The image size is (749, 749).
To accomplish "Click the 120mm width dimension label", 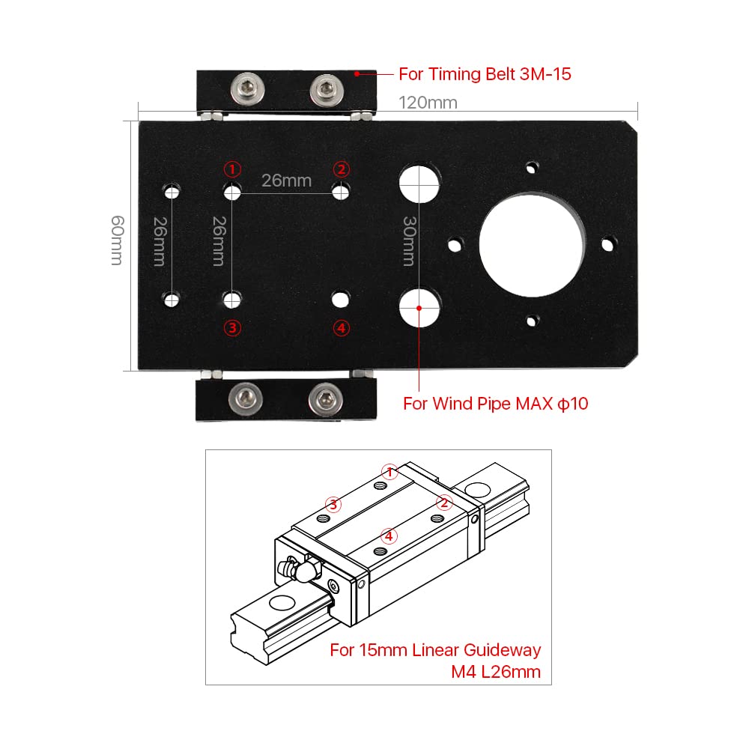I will coord(428,102).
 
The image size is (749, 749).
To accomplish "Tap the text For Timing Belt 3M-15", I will coord(485,74).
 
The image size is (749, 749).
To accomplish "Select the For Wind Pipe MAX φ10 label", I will coord(496,404).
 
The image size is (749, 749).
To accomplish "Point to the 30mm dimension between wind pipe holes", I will coord(408,241).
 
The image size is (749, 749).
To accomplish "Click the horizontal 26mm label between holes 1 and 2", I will coord(286,180).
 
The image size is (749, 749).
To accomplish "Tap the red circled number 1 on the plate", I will coord(233,168).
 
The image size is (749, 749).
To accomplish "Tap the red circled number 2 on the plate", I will coord(341,168).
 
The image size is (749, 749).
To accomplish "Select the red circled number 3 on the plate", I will coord(233,327).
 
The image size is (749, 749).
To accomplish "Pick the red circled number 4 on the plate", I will coord(341,327).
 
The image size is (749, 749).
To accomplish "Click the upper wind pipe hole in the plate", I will coord(419,183).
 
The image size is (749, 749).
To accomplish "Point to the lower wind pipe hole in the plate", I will coord(419,306).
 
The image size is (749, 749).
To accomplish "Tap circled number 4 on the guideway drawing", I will coord(388,536).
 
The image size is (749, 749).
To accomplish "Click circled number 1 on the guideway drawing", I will coord(389,471).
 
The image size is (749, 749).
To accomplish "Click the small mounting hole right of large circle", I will coord(609,243).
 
